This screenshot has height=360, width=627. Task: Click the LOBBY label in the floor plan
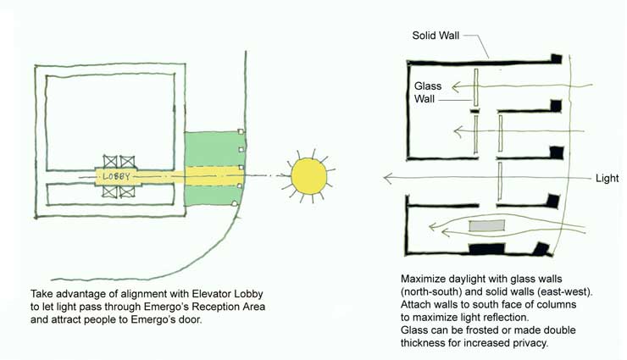click(x=118, y=176)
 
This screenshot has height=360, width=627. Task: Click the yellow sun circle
click(x=308, y=175)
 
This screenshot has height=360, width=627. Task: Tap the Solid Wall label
click(x=437, y=36)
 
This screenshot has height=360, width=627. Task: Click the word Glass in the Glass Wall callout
click(x=429, y=86)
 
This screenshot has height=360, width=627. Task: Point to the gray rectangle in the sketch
click(x=486, y=226)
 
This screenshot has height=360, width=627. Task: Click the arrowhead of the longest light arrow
click(x=387, y=178)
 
